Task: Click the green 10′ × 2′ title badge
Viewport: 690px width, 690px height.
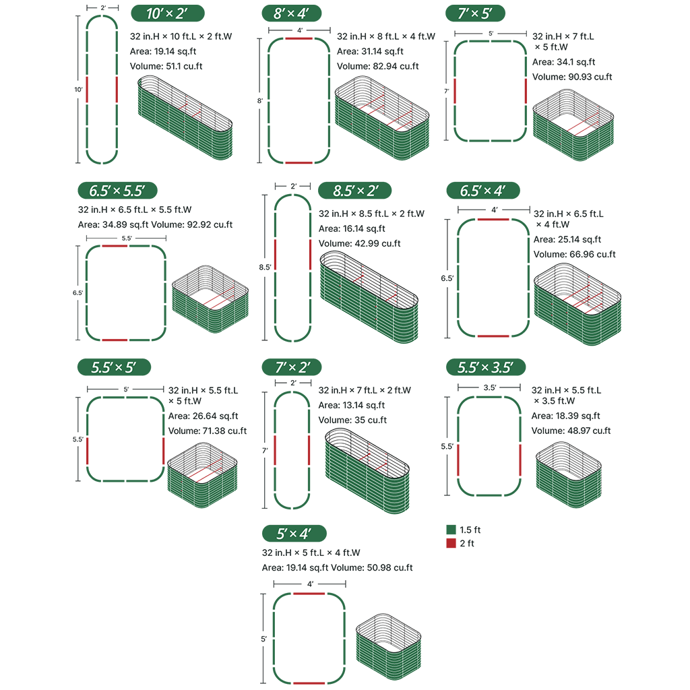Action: pyautogui.click(x=168, y=13)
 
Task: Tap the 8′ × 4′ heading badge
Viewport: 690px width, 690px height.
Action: pyautogui.click(x=291, y=13)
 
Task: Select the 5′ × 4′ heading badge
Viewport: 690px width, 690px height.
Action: pyautogui.click(x=294, y=534)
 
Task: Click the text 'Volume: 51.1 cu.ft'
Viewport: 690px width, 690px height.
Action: pyautogui.click(x=166, y=66)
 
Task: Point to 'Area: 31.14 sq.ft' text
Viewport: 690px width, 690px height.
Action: pyautogui.click(x=370, y=51)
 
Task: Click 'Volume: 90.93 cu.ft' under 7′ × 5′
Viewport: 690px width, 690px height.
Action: pyautogui.click(x=572, y=77)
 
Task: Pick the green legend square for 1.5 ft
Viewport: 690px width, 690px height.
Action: pyautogui.click(x=451, y=530)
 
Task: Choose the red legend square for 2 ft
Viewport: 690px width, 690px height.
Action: pyautogui.click(x=451, y=543)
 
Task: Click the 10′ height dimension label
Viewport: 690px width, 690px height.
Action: pyautogui.click(x=78, y=90)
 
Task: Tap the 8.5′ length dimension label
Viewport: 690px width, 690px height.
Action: pyautogui.click(x=265, y=267)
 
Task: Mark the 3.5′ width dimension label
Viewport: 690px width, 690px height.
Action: pyautogui.click(x=489, y=387)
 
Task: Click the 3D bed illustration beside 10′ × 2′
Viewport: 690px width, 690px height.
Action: pyautogui.click(x=185, y=117)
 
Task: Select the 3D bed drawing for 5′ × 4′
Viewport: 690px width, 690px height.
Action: pyautogui.click(x=389, y=646)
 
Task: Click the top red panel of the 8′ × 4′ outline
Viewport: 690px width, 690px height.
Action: pyautogui.click(x=299, y=38)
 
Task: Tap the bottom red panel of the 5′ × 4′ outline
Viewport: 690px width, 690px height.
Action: pyautogui.click(x=309, y=683)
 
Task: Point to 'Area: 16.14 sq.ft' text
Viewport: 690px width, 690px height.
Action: pyautogui.click(x=352, y=228)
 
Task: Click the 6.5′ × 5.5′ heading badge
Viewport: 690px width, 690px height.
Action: pyautogui.click(x=117, y=191)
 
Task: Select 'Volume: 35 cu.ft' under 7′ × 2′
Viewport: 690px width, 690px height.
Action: pyautogui.click(x=352, y=420)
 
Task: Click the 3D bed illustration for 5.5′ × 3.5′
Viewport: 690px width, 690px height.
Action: pyautogui.click(x=569, y=475)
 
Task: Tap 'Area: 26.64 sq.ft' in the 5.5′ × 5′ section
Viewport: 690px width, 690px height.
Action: pyautogui.click(x=203, y=416)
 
